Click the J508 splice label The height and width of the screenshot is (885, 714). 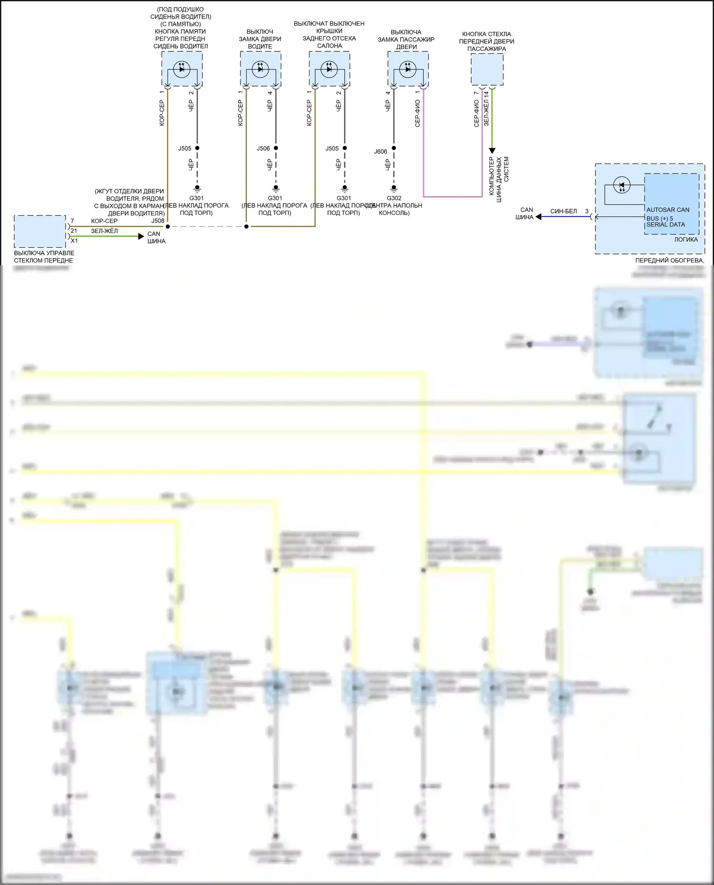click(x=158, y=221)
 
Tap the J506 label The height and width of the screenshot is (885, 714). click(x=263, y=148)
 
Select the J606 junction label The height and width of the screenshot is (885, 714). click(x=380, y=152)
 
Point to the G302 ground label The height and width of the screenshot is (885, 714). click(x=394, y=198)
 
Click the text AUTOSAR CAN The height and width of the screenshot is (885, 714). click(x=667, y=210)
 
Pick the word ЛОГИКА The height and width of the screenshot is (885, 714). click(x=686, y=240)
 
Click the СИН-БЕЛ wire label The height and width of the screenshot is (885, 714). click(x=564, y=212)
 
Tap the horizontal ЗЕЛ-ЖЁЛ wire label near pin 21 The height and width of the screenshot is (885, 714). click(x=104, y=231)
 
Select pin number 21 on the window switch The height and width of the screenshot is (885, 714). click(x=74, y=231)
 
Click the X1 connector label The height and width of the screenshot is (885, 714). click(x=74, y=241)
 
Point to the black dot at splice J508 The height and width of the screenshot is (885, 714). click(x=168, y=226)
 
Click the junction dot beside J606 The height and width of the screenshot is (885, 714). click(x=394, y=148)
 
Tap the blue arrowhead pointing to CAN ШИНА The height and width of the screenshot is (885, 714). click(x=538, y=217)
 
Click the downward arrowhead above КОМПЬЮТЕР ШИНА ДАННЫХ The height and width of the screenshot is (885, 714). click(x=492, y=151)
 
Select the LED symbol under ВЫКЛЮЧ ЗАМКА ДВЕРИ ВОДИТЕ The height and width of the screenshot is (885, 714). click(x=260, y=69)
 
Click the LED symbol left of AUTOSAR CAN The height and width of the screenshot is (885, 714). click(x=622, y=185)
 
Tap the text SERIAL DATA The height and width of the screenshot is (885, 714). click(x=665, y=224)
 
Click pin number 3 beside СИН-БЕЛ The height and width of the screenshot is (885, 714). click(x=587, y=212)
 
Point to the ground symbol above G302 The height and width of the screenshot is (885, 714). click(x=394, y=188)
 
